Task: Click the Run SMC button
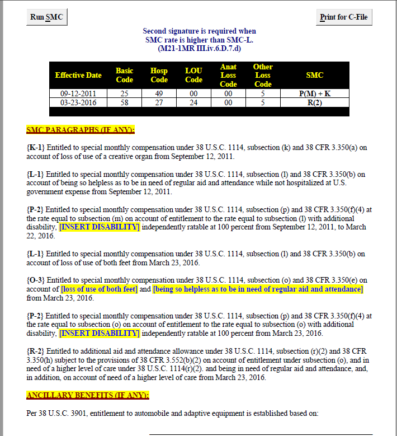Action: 46,17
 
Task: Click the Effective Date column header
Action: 78,75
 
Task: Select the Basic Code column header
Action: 124,75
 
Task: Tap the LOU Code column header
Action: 193,75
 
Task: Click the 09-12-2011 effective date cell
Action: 78,93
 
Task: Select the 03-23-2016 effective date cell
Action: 78,102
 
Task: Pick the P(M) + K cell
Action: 315,93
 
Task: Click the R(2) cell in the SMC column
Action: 315,102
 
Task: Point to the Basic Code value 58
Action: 124,102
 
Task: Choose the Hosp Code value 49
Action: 159,93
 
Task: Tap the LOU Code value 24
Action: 193,102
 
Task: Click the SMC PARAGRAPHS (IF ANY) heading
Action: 81,130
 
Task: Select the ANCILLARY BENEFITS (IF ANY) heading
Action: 88,396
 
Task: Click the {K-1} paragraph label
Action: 36,148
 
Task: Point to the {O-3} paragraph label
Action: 36,280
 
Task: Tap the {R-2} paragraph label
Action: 36,351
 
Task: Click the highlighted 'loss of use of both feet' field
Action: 99,289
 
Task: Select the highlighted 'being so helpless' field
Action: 258,289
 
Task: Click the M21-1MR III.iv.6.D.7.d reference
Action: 199,49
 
